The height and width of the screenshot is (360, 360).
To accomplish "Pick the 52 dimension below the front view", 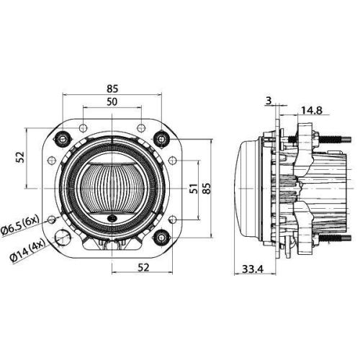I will pos(144,268).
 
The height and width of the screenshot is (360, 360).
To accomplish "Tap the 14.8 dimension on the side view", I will pos(311,109).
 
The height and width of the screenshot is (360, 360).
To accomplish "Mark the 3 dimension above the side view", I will pos(269,101).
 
